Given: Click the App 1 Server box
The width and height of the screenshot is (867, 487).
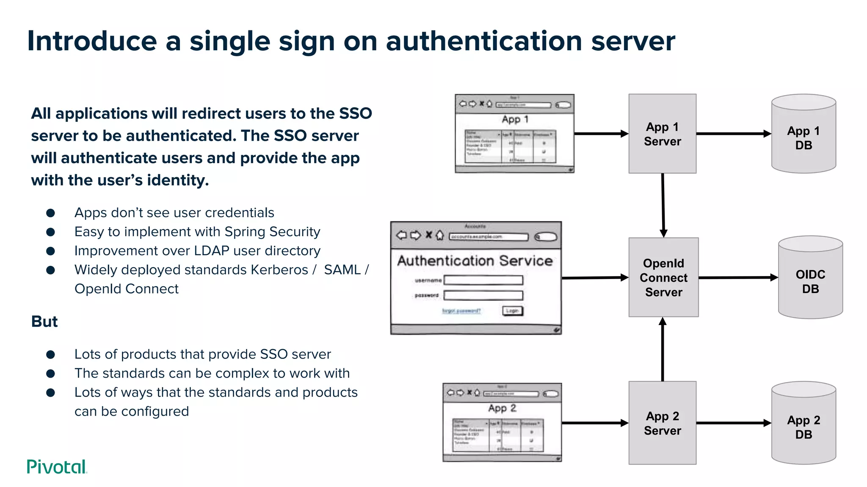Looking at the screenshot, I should (x=662, y=134).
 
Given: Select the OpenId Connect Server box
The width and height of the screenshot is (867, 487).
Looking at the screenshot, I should (x=663, y=277).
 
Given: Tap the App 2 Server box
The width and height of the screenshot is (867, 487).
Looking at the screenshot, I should (x=662, y=423).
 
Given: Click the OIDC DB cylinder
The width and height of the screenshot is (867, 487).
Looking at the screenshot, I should (x=810, y=279).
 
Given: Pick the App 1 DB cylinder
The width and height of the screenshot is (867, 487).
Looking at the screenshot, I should (x=803, y=135).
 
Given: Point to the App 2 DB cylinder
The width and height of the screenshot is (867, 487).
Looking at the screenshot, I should (x=803, y=424).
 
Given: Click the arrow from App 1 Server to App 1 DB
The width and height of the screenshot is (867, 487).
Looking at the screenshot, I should (x=732, y=134).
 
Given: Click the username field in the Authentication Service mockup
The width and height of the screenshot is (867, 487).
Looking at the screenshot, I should (x=483, y=280).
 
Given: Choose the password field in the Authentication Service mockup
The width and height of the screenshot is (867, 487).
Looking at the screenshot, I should (x=483, y=295).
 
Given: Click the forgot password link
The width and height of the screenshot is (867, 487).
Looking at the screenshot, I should (x=461, y=311).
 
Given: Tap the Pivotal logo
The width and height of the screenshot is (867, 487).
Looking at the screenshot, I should (x=57, y=467).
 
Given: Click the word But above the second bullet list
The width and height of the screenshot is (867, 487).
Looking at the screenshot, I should (x=44, y=321).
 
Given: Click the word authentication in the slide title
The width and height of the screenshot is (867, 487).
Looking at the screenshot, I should (x=484, y=41).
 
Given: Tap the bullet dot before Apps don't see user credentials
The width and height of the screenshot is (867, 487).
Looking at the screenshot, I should (x=50, y=213).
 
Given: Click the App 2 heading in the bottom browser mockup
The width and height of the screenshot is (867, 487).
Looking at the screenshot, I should (x=502, y=408).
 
